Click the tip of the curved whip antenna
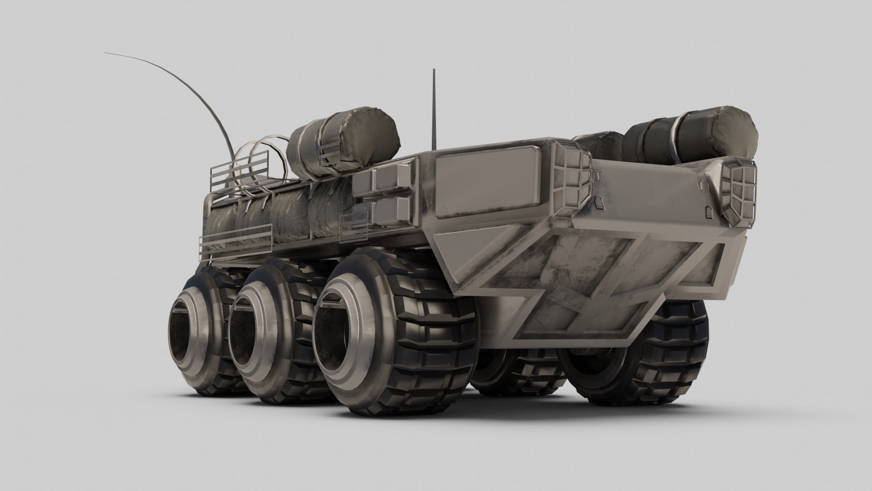pyautogui.click(x=105, y=53)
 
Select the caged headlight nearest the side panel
pyautogui.click(x=574, y=180)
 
